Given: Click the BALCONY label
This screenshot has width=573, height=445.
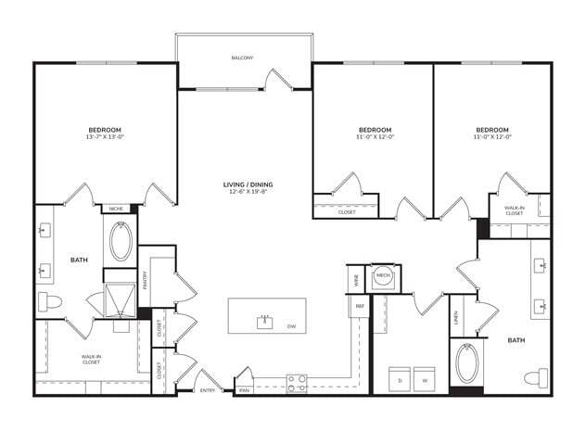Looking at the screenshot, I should tap(243, 57).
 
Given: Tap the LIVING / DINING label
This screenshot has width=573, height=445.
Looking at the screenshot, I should tap(248, 184).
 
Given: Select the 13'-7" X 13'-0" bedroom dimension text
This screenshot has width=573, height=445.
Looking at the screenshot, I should tap(105, 136).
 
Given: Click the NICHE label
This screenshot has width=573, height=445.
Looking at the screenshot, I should tap(118, 209).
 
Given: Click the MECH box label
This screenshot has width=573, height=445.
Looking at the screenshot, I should tap(382, 276).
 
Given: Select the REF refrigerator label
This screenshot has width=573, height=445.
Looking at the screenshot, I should tap(358, 305).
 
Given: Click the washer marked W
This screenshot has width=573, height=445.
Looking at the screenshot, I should tap(425, 379).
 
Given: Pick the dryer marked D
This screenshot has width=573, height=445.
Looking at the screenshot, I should tap(400, 379).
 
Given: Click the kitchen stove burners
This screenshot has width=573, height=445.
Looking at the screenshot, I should tap(297, 382).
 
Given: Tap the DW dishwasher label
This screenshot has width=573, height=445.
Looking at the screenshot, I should tap(290, 326).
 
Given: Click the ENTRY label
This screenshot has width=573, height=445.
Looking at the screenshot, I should tap(209, 391).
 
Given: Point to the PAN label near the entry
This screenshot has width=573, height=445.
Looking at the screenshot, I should tap(244, 391).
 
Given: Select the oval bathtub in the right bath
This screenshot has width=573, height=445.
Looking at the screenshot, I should tap(467, 363).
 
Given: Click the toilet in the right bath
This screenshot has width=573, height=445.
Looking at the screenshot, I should tap(535, 377).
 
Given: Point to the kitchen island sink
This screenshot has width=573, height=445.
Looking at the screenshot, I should tap(266, 322).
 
